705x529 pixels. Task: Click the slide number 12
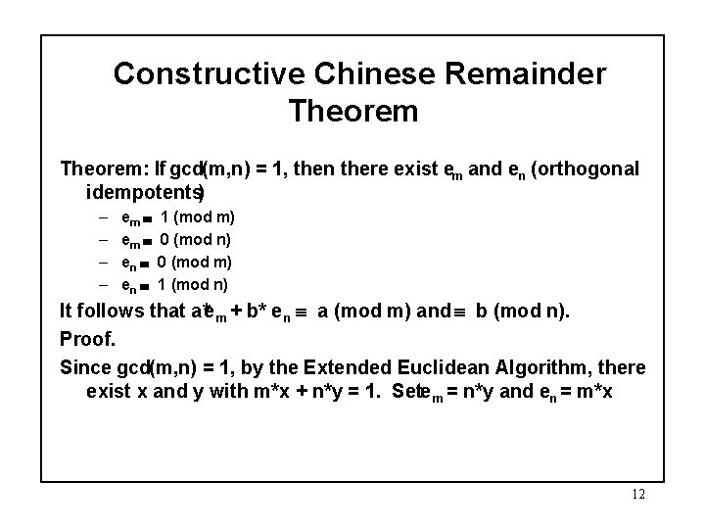[638, 495]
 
